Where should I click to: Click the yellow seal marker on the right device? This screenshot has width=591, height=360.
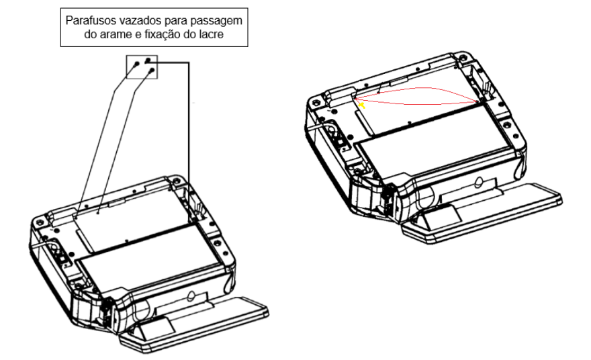(361, 105)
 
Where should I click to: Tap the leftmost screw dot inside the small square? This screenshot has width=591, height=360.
(136, 64)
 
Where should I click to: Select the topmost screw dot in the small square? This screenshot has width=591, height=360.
(148, 60)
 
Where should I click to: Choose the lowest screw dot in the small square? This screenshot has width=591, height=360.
(152, 70)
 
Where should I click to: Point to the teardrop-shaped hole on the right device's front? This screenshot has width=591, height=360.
(479, 182)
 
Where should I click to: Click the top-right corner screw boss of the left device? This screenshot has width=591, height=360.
(176, 180)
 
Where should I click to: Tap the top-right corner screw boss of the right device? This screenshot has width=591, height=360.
(461, 57)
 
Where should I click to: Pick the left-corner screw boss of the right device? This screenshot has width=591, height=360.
(315, 101)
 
